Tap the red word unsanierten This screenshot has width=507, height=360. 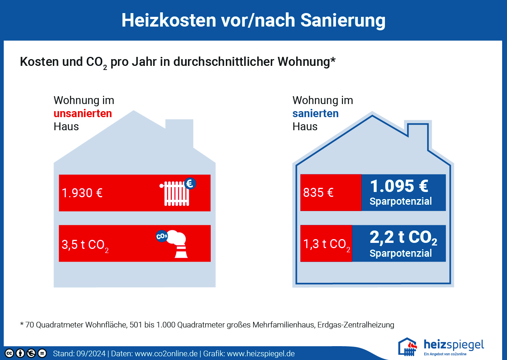tap(83, 113)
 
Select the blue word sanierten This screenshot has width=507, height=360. tap(316, 113)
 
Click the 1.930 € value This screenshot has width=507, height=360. tap(82, 193)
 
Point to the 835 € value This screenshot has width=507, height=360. tap(318, 193)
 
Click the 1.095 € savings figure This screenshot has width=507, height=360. tap(399, 186)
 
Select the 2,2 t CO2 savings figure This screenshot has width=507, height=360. tap(403, 238)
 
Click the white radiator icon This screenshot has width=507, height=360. tap(175, 193)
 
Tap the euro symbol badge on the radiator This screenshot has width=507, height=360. tap(190, 183)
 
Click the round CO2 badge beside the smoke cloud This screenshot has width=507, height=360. tap(162, 236)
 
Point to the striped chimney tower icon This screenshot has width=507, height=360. tap(181, 251)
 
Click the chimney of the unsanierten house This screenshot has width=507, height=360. tap(179, 134)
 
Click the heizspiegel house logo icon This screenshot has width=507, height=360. tap(408, 347)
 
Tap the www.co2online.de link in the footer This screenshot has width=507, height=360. tap(166, 354)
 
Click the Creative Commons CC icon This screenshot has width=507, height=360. tap(9, 353)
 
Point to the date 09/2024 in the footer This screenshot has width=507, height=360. tap(91, 354)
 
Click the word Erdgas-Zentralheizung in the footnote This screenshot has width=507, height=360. tap(356, 325)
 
